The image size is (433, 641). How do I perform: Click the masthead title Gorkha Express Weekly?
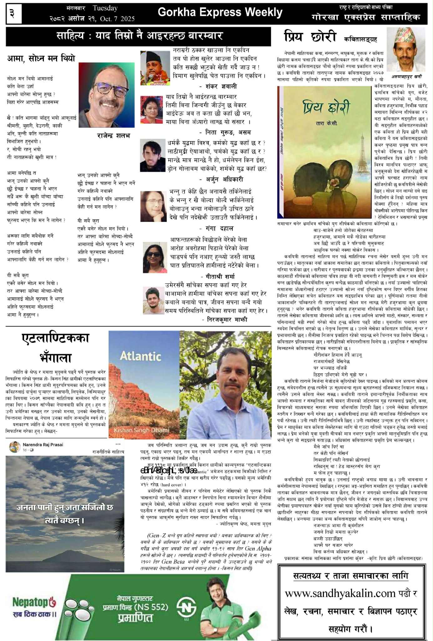point(220,12)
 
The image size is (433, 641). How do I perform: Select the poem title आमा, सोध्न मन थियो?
point(41,59)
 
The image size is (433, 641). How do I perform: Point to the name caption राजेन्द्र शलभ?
point(113,136)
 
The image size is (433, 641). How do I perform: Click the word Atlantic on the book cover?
point(140,356)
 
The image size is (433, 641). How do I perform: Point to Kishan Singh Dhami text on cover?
point(141,430)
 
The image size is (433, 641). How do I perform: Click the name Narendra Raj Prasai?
point(43,444)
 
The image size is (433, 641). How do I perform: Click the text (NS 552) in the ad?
point(151,607)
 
